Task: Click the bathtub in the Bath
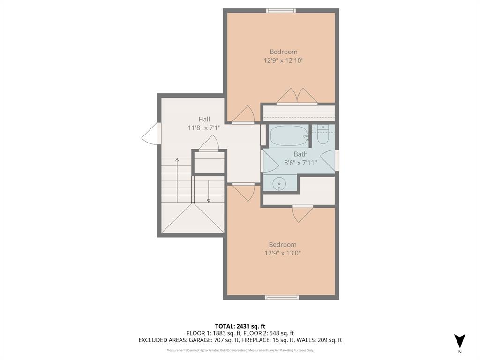tap(288, 136)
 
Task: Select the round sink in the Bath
tap(279, 183)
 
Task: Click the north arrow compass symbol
tap(460, 341)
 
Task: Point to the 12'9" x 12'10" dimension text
tap(283, 60)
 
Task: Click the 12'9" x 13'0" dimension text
tap(283, 253)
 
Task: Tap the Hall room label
tap(204, 119)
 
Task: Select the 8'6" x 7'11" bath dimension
tap(301, 163)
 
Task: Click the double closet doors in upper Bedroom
tap(297, 97)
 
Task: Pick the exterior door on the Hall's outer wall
tap(151, 134)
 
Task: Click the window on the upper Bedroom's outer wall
tap(281, 10)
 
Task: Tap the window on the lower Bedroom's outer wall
tap(281, 297)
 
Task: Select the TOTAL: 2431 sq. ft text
tap(240, 326)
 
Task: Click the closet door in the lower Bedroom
tap(302, 213)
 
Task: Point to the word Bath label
tap(300, 154)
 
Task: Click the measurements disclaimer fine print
tap(240, 350)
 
